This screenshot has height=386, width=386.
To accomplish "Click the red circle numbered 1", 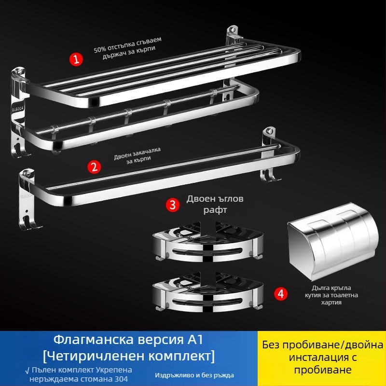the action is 76,59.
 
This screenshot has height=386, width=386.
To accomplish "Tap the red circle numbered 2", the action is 94,167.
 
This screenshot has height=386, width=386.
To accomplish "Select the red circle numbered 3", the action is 173,205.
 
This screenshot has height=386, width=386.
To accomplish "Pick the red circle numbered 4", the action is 281,294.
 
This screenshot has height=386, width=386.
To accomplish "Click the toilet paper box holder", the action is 333,241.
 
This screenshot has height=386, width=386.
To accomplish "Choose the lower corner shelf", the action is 208,292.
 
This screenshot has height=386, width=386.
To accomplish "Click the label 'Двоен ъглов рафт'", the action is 215,204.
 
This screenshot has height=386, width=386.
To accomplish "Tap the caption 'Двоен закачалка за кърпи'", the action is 138,155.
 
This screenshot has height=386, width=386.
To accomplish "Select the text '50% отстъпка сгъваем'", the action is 127,44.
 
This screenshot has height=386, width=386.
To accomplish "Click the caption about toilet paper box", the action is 331,295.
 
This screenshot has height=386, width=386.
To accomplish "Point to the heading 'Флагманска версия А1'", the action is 128,340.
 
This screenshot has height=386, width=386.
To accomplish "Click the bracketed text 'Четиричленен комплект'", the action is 129,356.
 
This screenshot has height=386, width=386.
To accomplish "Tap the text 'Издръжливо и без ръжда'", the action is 194,375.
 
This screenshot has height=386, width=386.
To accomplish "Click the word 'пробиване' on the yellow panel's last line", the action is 323,370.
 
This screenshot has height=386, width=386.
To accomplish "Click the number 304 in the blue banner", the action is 119,379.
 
